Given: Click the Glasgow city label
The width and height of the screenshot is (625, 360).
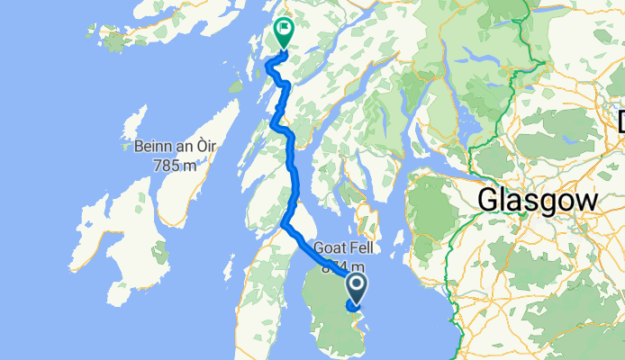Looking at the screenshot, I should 538,200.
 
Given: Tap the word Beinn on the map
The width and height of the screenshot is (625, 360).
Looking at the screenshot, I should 151,147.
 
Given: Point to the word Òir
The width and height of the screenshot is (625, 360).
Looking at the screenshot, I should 205,147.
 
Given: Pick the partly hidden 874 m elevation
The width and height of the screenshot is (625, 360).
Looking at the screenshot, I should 338,266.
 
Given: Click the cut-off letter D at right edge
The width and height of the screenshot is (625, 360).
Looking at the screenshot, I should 620,120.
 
